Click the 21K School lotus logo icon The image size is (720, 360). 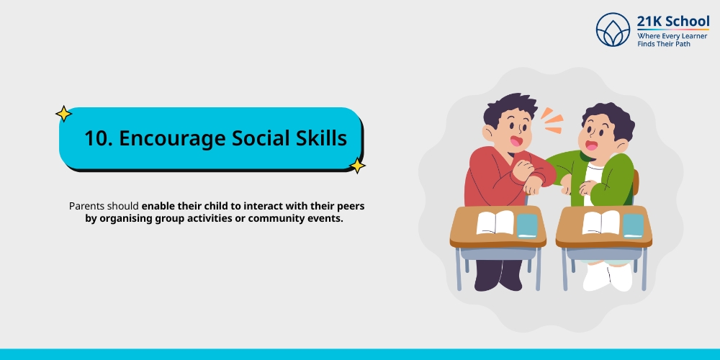(x=613, y=30)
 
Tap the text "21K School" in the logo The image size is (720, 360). (x=672, y=21)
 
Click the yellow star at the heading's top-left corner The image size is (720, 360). (x=63, y=114)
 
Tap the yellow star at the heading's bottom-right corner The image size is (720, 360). (x=356, y=166)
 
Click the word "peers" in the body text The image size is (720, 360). (x=350, y=206)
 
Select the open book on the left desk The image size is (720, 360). (x=495, y=222)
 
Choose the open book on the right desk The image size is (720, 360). (x=600, y=222)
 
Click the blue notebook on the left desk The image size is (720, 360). (x=527, y=225)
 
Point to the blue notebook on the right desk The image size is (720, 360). (x=633, y=225)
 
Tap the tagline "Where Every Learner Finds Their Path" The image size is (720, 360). (x=672, y=40)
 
